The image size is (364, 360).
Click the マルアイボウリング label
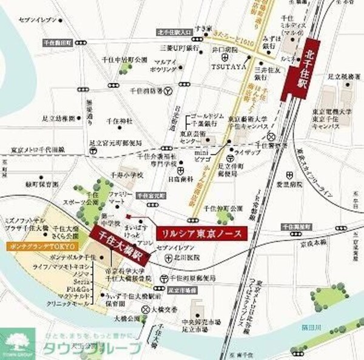(166, 66)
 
